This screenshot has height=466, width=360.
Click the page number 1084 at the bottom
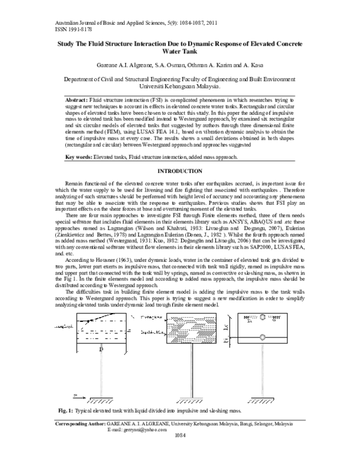(x=179, y=455)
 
